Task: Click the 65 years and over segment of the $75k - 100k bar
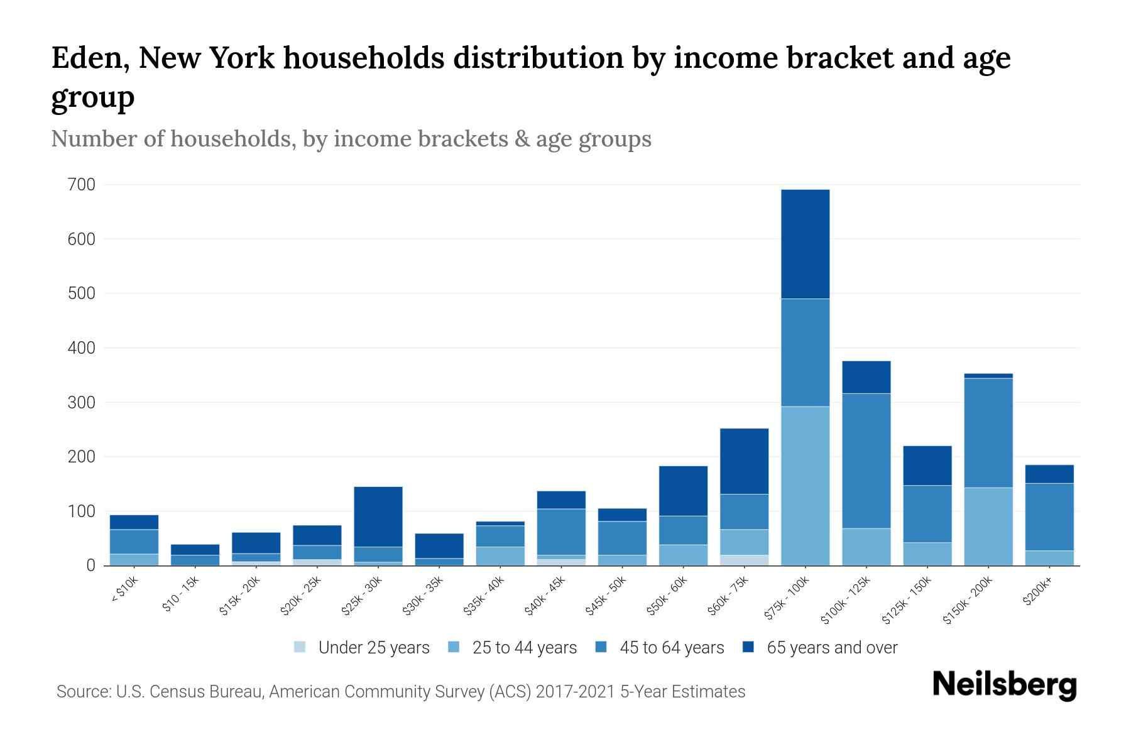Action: point(805,244)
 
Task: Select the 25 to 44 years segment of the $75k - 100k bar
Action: point(805,486)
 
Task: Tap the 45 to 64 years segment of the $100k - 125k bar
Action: point(866,461)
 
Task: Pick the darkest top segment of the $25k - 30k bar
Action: point(378,516)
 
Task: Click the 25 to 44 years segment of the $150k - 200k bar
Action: point(988,527)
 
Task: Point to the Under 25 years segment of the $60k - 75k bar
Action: point(744,560)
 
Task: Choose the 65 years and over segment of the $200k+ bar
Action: point(1049,474)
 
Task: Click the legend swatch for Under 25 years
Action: point(300,647)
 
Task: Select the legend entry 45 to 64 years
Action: point(671,647)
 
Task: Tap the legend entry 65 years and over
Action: point(831,647)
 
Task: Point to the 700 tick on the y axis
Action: point(82,185)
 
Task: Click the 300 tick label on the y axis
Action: point(82,402)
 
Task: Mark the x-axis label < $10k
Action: point(124,589)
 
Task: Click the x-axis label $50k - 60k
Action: point(667,596)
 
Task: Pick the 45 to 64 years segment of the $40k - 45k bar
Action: point(561,532)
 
